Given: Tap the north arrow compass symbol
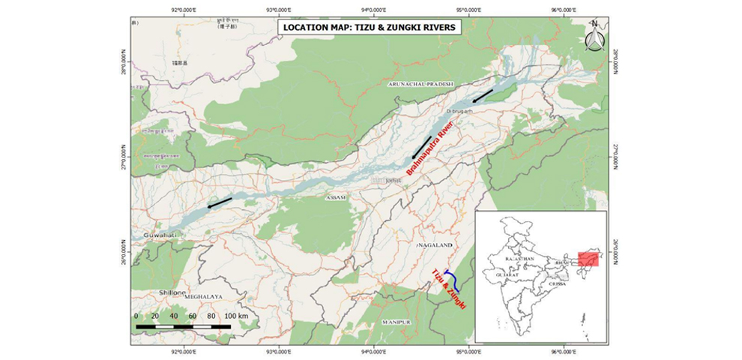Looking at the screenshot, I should point(594,37).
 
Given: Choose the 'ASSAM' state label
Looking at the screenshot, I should point(335,197).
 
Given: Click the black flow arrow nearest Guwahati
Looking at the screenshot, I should point(220,202).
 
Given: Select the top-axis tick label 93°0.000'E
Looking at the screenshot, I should point(277,10).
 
